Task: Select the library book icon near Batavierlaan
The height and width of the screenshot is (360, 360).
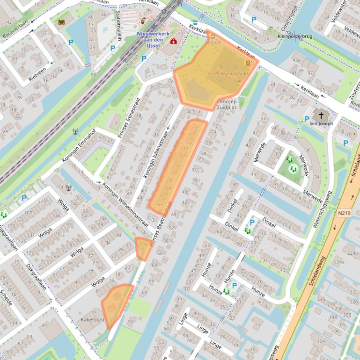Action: pos(61,22)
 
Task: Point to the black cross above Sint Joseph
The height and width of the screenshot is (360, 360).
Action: pos(321,115)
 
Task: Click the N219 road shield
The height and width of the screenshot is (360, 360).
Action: pos(343,212)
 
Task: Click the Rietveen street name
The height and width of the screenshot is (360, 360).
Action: pos(37,74)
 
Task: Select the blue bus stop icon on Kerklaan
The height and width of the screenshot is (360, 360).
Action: pos(195,22)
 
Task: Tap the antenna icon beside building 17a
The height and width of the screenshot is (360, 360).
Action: pos(68,188)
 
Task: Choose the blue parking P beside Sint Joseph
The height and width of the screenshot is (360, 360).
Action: pos(307,119)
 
